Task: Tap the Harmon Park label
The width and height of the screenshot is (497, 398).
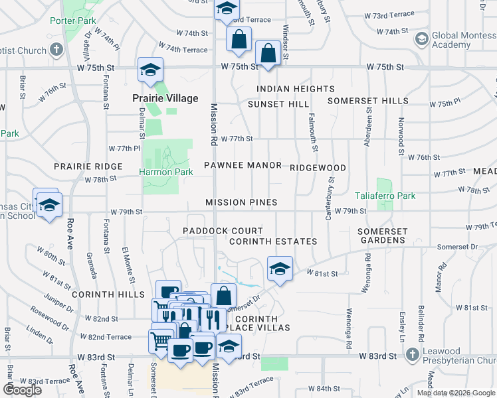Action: [165, 172]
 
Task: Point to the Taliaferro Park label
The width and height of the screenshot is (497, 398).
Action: [385, 196]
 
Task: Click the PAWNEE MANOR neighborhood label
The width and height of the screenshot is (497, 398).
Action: [243, 165]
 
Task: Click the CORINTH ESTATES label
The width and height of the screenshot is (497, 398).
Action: [272, 241]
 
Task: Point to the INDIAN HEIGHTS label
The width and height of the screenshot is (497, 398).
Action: [295, 89]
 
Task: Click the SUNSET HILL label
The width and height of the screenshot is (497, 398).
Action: [278, 104]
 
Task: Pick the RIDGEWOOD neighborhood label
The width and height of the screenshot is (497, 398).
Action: [318, 168]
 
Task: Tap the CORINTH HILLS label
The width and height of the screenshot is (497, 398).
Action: [108, 294]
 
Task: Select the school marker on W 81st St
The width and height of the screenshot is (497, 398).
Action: [280, 269]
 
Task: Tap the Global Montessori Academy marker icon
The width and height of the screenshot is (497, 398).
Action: [421, 39]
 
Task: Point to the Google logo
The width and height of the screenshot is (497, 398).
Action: [22, 390]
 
